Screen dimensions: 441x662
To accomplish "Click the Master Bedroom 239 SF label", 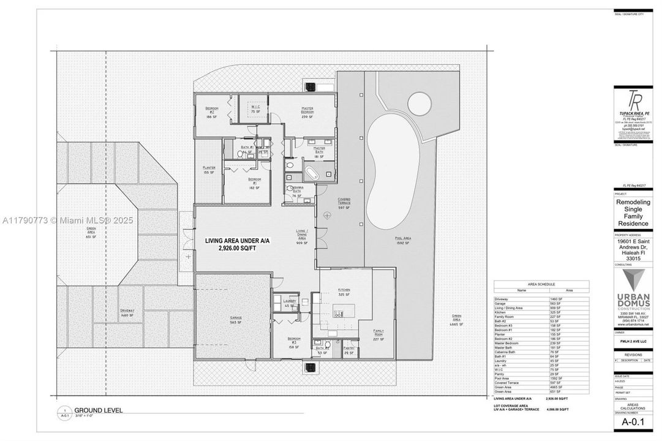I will (307, 111).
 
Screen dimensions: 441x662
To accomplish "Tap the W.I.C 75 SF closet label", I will (255, 109).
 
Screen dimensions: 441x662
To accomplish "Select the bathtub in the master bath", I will (313, 173).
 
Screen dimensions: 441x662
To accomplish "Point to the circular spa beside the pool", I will (417, 102).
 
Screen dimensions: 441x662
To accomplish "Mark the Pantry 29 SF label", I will (350, 350).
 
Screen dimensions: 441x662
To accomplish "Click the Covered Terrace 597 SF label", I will (344, 203).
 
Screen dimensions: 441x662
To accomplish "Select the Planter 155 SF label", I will (209, 170).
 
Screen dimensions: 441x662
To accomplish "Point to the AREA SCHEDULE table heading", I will (541, 285).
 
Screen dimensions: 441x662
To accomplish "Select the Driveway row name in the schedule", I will (501, 298).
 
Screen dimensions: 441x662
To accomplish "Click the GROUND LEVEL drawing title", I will (99, 410).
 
